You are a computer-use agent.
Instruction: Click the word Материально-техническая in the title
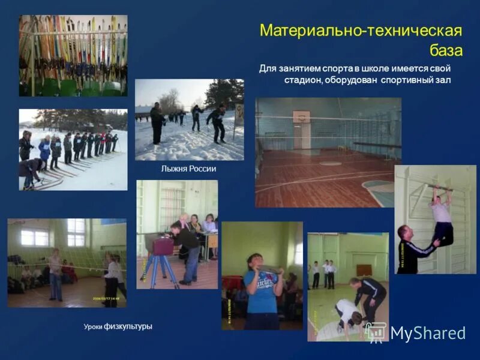pos(360,31)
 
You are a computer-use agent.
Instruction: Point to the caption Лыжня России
pos(188,169)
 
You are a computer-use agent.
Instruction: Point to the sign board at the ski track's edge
pos(239,114)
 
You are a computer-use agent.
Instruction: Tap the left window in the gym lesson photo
pos(34,237)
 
